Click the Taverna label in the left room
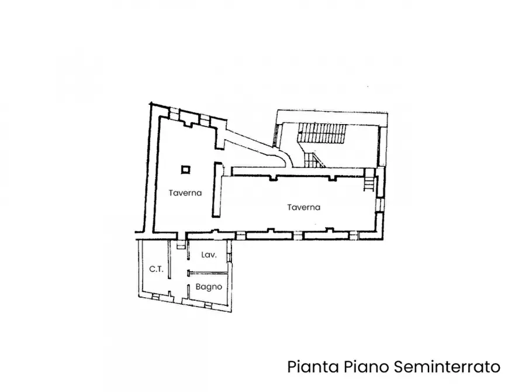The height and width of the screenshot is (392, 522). [186, 192]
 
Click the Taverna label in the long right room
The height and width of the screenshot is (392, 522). [304, 207]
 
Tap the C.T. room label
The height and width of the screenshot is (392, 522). [155, 269]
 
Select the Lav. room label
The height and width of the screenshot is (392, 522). [209, 255]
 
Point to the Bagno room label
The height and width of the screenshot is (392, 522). [209, 287]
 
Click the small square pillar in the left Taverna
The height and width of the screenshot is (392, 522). [186, 170]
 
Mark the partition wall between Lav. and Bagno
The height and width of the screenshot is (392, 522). [209, 272]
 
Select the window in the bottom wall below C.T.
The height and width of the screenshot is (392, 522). [155, 296]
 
